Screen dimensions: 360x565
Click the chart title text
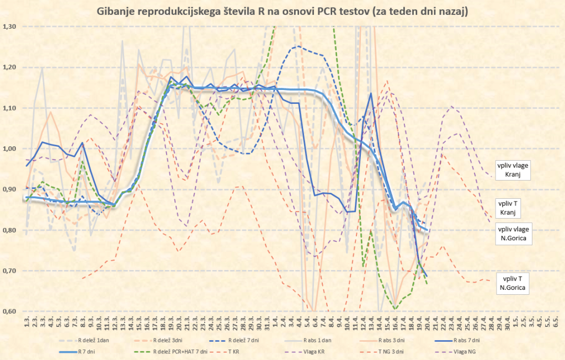click(x=282, y=12)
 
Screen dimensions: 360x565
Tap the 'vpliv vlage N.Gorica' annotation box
click(x=512, y=234)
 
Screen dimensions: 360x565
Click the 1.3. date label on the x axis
click(x=26, y=321)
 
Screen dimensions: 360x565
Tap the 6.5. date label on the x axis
click(x=554, y=321)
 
